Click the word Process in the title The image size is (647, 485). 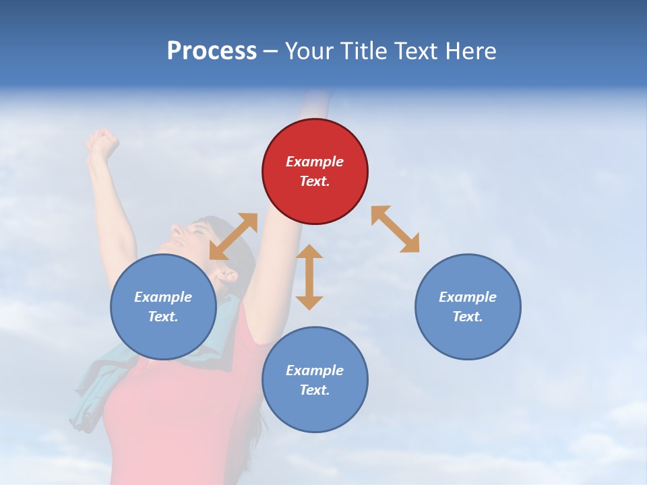(212, 51)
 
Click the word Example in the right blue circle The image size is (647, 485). (467, 297)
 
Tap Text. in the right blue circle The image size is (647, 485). (467, 317)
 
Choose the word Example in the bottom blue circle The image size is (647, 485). (314, 370)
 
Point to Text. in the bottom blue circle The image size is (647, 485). (314, 390)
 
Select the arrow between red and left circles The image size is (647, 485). (233, 236)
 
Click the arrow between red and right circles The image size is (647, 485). (395, 229)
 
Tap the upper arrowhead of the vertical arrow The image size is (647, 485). (309, 251)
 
